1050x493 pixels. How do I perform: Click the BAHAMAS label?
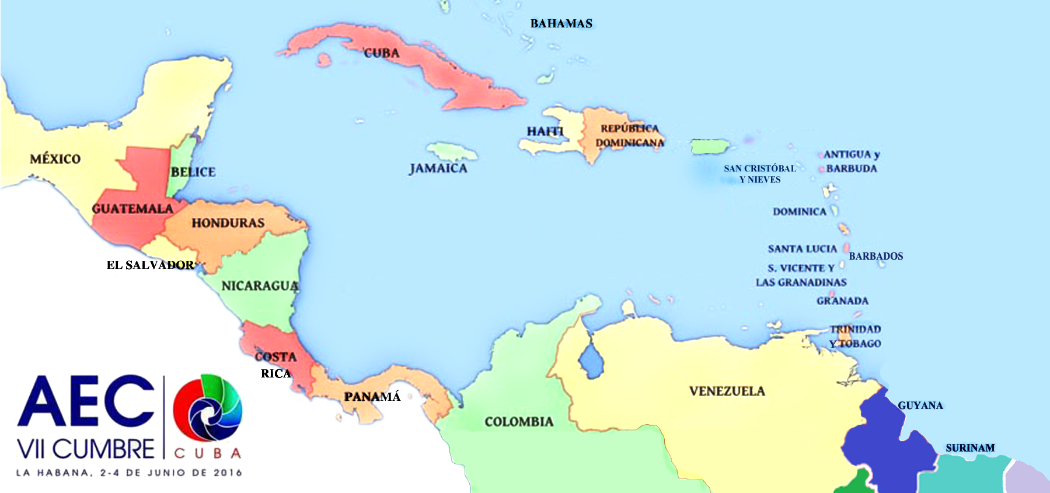pyautogui.click(x=561, y=24)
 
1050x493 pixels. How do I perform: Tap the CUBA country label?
pyautogui.click(x=382, y=53)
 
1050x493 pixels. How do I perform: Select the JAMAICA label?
pyautogui.click(x=438, y=169)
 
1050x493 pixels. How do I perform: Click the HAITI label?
pyautogui.click(x=545, y=131)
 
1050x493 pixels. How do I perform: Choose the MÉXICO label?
pyautogui.click(x=55, y=159)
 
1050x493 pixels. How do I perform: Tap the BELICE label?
pyautogui.click(x=193, y=172)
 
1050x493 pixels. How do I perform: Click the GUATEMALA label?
pyautogui.click(x=132, y=209)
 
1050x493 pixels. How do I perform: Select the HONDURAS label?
pyautogui.click(x=228, y=223)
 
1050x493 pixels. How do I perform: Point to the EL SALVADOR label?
pyautogui.click(x=150, y=265)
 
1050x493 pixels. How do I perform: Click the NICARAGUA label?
pyautogui.click(x=260, y=286)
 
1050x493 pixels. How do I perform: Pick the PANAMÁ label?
pyautogui.click(x=372, y=397)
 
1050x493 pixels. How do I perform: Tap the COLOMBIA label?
pyautogui.click(x=519, y=422)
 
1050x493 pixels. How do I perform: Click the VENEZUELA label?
pyautogui.click(x=727, y=391)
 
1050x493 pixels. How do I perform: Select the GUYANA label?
pyautogui.click(x=920, y=405)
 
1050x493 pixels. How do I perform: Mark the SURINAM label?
pyautogui.click(x=970, y=448)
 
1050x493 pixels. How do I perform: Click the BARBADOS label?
pyautogui.click(x=875, y=256)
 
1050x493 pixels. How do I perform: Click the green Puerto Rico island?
pyautogui.click(x=710, y=146)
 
